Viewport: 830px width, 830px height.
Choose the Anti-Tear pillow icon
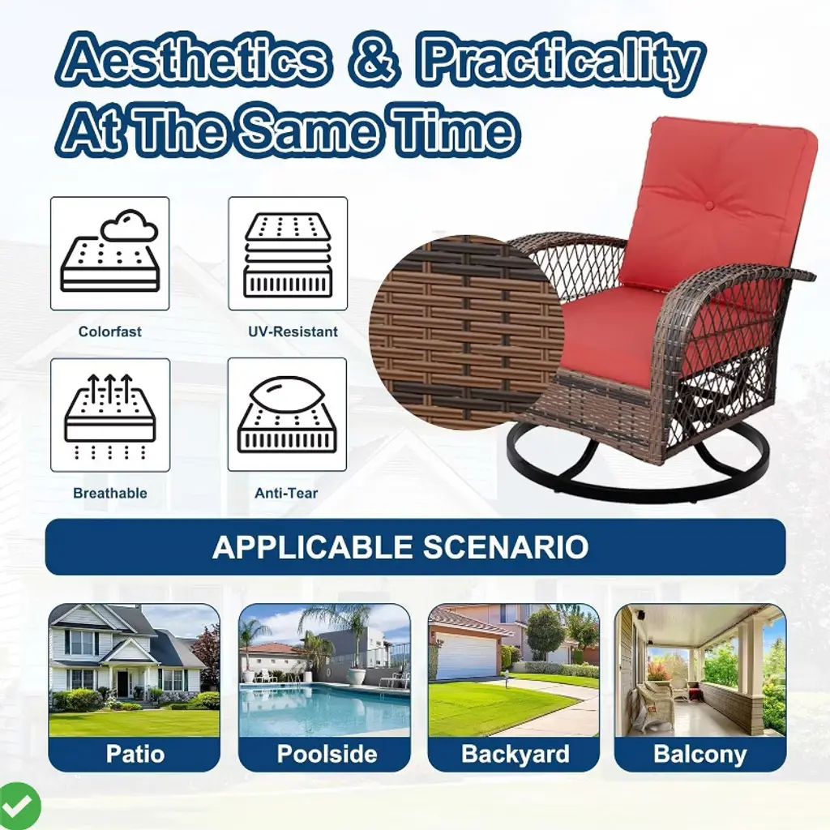287,414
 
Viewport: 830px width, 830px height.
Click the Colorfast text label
110,332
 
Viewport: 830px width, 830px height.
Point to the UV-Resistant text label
293,332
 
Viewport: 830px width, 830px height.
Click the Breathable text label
110,494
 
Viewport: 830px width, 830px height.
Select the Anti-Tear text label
286,494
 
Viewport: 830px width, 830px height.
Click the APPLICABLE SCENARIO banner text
400,547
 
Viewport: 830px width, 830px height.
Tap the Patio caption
135,754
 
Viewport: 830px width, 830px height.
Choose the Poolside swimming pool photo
324,670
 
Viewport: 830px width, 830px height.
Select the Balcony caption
700,754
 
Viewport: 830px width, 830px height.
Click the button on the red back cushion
709,205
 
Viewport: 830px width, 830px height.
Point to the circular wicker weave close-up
466,332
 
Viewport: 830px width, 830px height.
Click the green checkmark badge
19,806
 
